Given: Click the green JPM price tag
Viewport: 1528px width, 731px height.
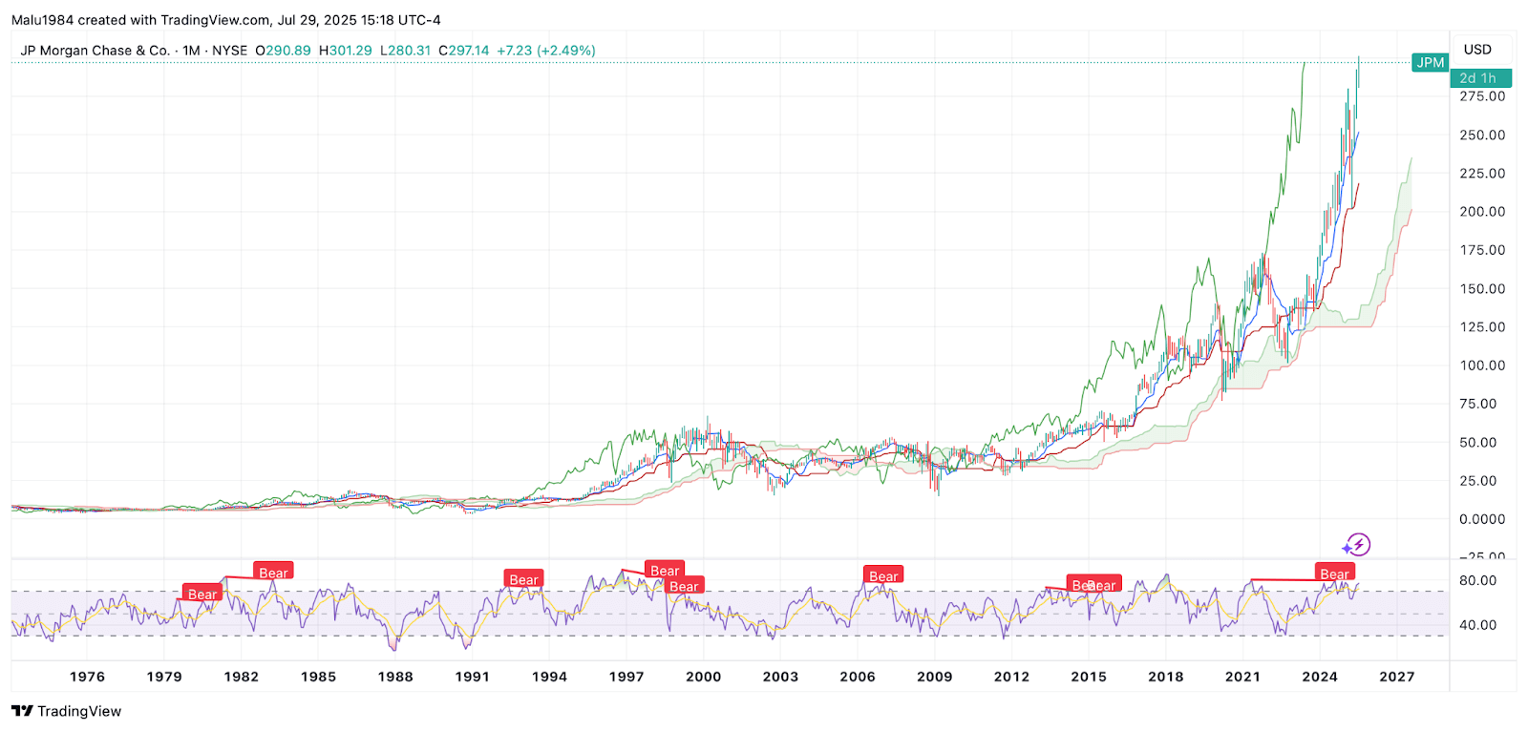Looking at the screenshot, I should tap(1430, 63).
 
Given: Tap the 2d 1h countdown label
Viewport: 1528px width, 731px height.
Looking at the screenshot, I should tap(1479, 78).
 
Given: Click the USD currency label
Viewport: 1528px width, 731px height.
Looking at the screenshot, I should tap(1477, 50).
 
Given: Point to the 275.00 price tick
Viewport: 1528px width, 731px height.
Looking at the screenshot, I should tap(1482, 96).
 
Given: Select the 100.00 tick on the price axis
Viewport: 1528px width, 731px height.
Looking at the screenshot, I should tap(1482, 365).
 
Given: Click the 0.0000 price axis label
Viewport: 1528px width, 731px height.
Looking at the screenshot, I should tap(1482, 519).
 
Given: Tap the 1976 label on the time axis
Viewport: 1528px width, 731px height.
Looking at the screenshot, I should tap(87, 677).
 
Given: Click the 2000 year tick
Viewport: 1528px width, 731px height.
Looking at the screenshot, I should tap(703, 677).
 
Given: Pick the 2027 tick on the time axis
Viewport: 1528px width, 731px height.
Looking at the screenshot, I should tap(1396, 677).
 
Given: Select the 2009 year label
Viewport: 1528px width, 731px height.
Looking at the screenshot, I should tap(934, 677).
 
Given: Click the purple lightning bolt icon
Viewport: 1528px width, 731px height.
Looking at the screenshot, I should tap(1357, 545).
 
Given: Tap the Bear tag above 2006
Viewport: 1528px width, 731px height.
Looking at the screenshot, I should tap(883, 575).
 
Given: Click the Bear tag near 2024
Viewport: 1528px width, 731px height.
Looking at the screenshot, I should tap(1334, 574).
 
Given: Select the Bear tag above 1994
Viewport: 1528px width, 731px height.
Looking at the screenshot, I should tap(523, 579).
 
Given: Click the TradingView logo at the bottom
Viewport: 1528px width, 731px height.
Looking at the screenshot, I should tap(67, 711).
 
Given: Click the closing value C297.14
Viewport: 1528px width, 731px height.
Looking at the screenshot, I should tap(463, 51).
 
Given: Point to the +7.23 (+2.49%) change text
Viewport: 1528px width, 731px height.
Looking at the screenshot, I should tap(546, 51).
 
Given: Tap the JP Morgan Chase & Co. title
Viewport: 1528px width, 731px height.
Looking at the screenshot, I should tap(95, 51).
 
